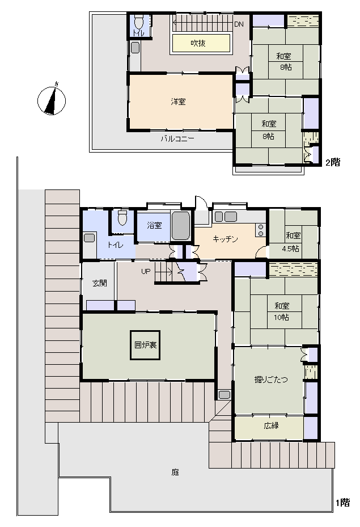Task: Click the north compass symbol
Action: click(x=51, y=100)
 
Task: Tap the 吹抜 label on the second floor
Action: click(x=198, y=43)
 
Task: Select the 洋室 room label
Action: click(x=178, y=102)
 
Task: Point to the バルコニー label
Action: click(x=177, y=138)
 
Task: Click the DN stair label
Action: click(x=239, y=24)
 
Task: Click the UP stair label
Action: click(x=146, y=271)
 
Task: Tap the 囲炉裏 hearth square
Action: click(x=145, y=345)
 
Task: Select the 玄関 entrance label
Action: click(x=100, y=283)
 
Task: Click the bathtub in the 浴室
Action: click(x=181, y=226)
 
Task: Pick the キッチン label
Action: click(x=225, y=239)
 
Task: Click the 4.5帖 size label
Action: click(x=290, y=249)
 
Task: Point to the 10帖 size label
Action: click(x=281, y=317)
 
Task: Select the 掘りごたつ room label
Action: click(x=271, y=380)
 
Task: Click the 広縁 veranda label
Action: click(x=271, y=425)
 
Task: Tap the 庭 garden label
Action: click(x=175, y=472)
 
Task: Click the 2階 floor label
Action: click(x=333, y=162)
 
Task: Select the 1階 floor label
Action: click(x=343, y=503)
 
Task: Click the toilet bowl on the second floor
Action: click(x=138, y=22)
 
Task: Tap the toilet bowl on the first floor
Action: click(x=122, y=218)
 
